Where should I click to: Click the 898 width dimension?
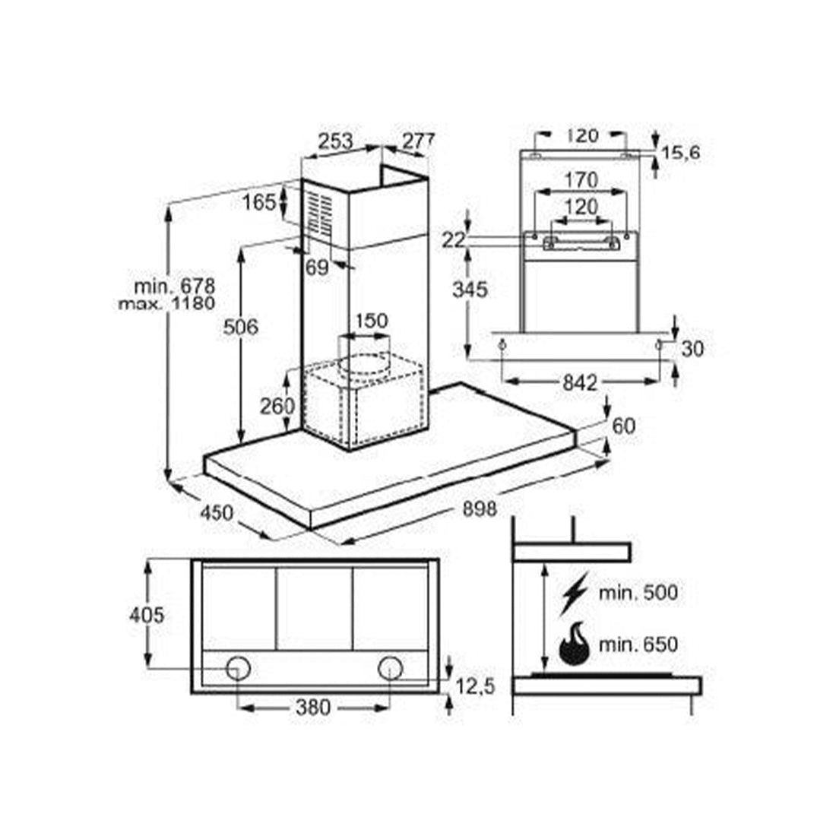pos(480,509)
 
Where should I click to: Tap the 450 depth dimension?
pos(217,513)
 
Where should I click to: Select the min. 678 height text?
pos(174,287)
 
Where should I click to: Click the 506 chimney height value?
pos(240,326)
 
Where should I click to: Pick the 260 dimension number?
pos(277,407)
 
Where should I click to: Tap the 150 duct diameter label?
pos(371,321)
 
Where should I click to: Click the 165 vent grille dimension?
pos(259,203)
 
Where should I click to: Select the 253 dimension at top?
pos(336,141)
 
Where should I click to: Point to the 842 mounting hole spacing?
pos(580,383)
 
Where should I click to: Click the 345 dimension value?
pos(470,290)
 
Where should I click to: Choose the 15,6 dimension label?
pos(680,154)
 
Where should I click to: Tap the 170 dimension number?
pos(581,180)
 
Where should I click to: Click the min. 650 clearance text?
pos(638,644)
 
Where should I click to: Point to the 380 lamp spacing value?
pos(313,708)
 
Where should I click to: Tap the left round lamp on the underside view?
pos(238,668)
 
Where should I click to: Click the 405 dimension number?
pos(147,616)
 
